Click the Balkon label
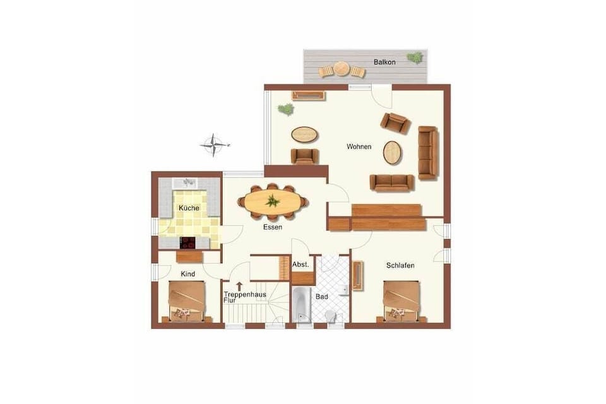[x=384, y=62]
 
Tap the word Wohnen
[x=359, y=146]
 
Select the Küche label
[x=189, y=208]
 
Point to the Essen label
[x=273, y=227]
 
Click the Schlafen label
[x=400, y=266]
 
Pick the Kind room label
[x=188, y=274]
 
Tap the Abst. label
[x=300, y=265]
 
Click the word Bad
[x=322, y=297]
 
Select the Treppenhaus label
[x=245, y=295]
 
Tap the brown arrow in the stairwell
[x=240, y=286]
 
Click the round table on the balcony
[x=342, y=69]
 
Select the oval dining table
[x=273, y=201]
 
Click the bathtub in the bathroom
[x=301, y=305]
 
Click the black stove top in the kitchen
[x=188, y=243]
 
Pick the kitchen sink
[x=186, y=182]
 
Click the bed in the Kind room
[x=187, y=301]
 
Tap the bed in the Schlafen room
[x=402, y=301]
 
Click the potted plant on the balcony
[x=415, y=57]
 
